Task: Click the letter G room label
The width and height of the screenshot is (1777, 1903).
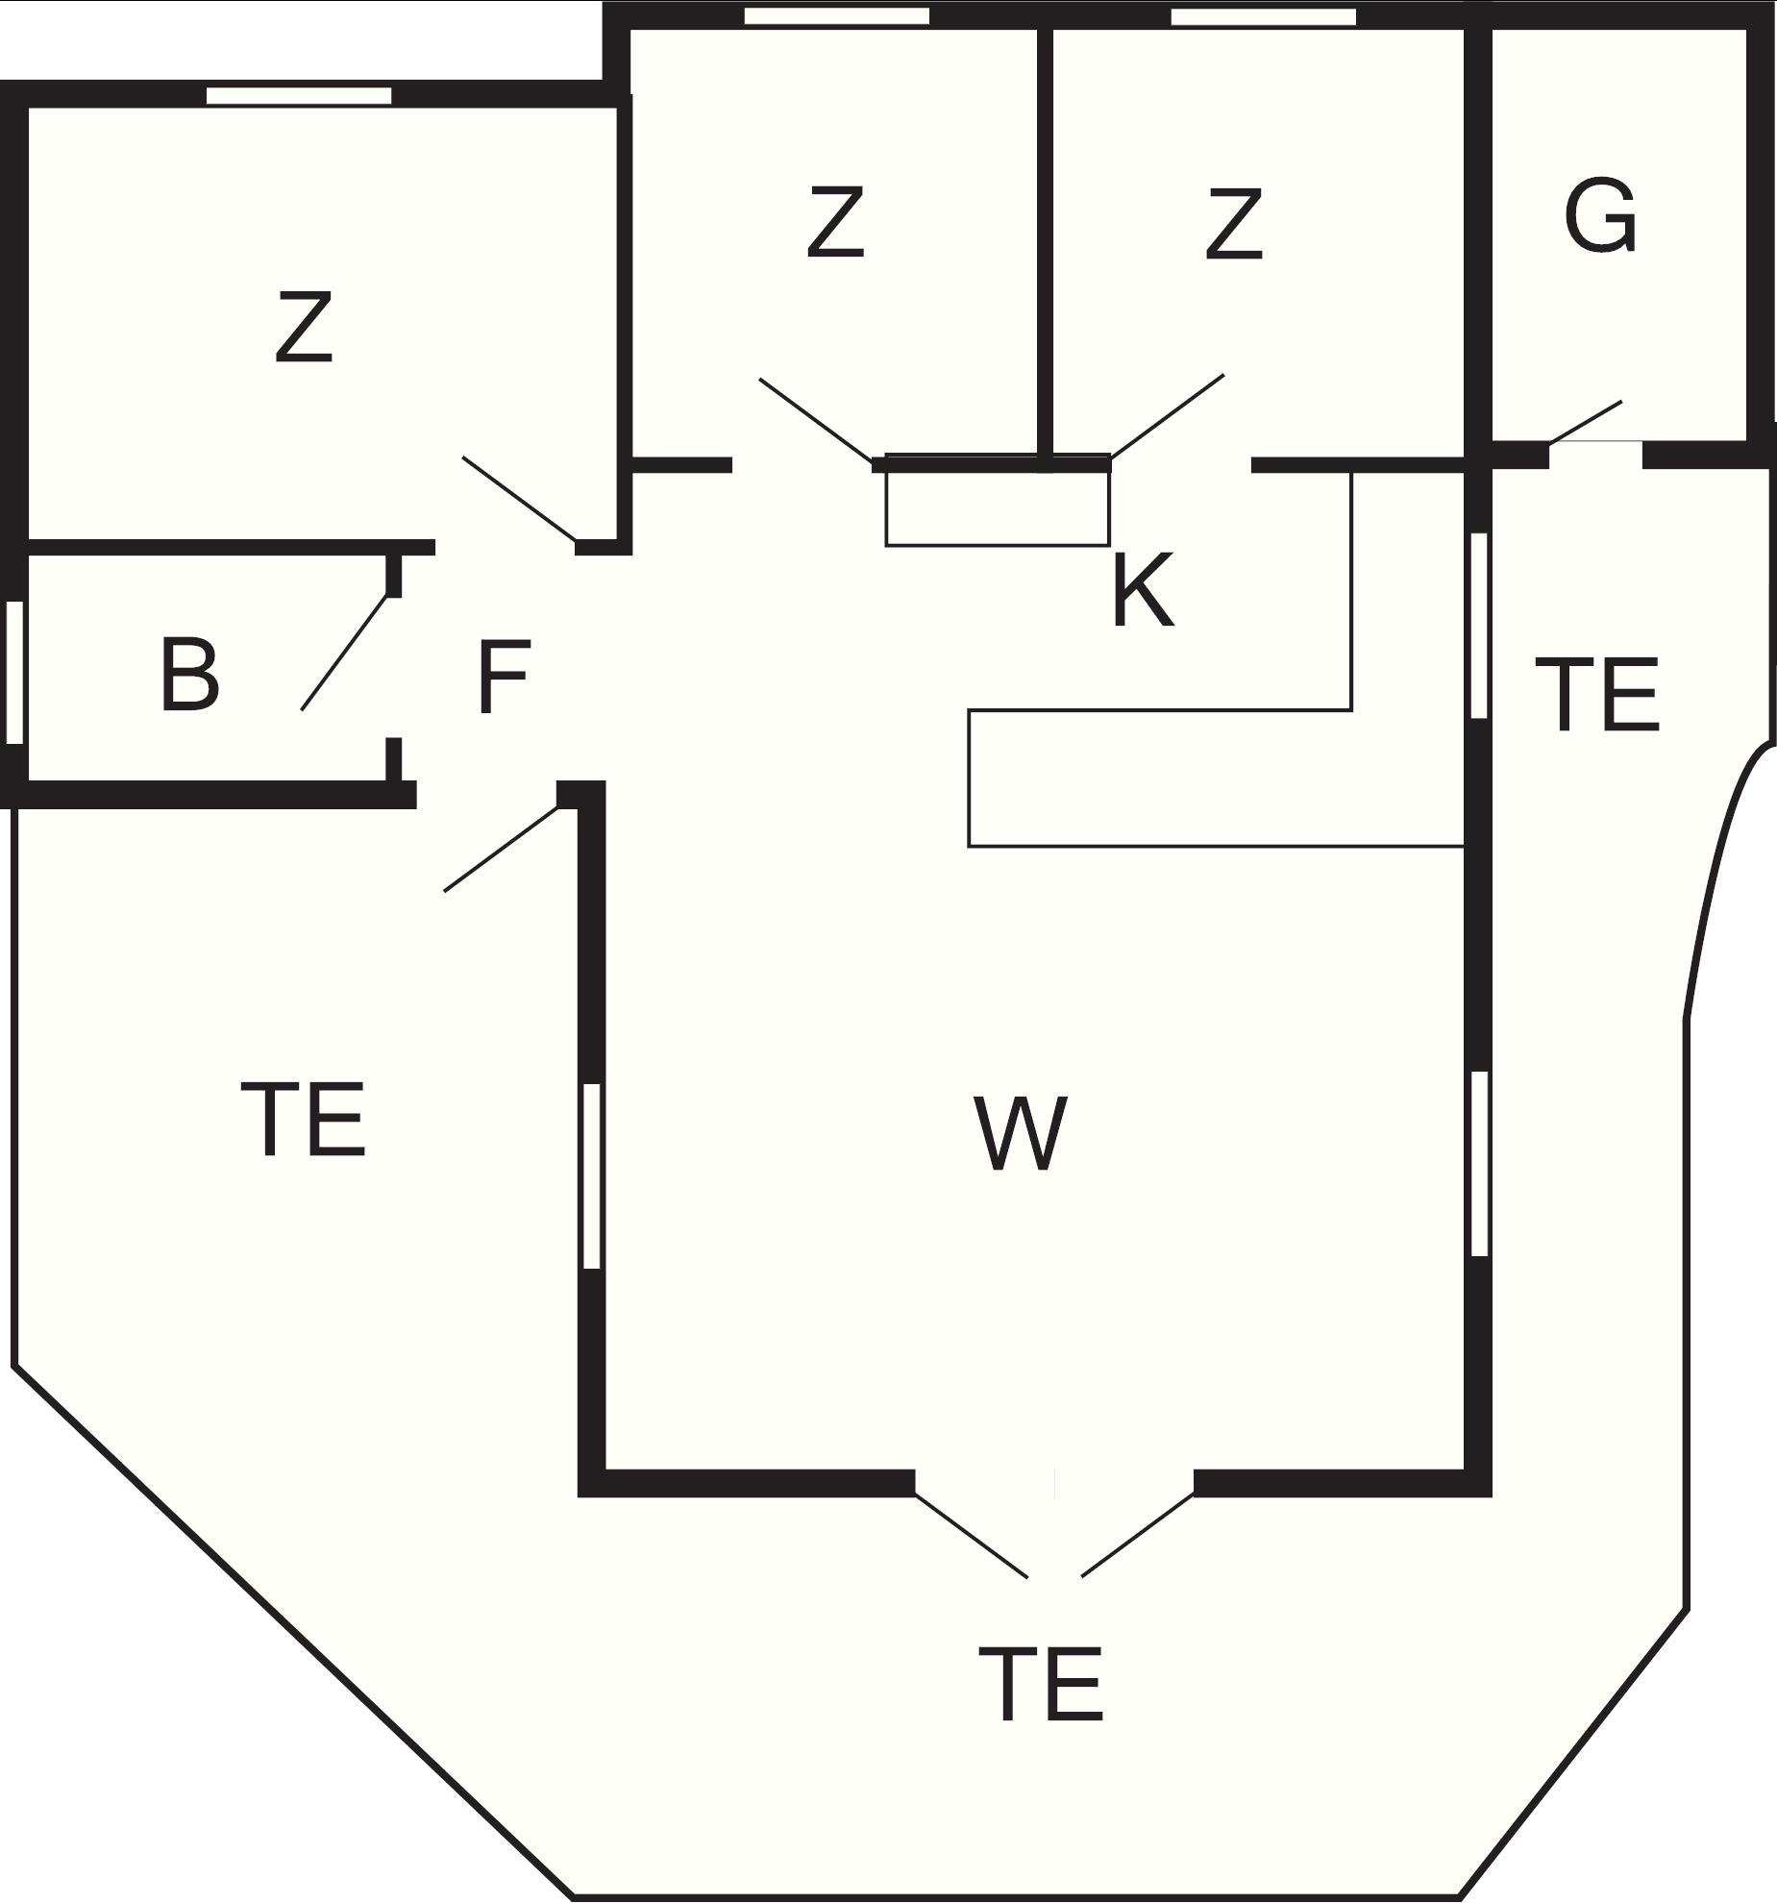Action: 1600,217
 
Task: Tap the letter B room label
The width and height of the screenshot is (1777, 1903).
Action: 189,675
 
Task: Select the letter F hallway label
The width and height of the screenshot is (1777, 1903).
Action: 503,678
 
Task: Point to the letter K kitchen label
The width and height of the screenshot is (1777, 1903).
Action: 1143,590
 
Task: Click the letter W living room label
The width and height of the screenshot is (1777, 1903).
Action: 1021,1133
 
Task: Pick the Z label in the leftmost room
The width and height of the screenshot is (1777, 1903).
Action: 304,327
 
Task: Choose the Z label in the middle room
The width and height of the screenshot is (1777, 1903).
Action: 835,223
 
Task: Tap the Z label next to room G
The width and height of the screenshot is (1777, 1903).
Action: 1234,224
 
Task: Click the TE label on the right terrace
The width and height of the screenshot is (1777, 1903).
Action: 1597,694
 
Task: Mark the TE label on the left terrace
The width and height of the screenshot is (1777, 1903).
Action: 303,1119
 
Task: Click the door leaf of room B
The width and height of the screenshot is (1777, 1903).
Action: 346,653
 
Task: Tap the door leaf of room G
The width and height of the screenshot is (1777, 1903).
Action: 1586,422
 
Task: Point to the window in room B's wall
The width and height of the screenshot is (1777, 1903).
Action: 14,672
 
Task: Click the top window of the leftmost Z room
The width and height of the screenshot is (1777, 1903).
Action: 300,95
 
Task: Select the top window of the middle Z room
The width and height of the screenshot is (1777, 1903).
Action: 837,15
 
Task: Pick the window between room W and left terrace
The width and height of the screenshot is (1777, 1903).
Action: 592,1176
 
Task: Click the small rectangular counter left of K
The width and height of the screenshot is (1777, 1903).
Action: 998,500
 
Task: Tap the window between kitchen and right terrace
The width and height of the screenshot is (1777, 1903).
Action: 1480,626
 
